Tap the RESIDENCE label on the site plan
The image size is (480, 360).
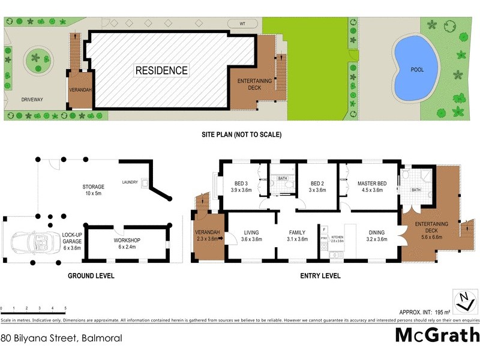(x=161, y=70)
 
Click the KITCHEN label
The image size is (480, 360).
(x=337, y=237)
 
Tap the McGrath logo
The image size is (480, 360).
(x=437, y=335)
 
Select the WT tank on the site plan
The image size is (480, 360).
(x=242, y=23)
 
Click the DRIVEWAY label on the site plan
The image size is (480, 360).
(x=32, y=100)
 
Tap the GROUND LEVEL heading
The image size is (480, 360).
(x=91, y=276)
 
